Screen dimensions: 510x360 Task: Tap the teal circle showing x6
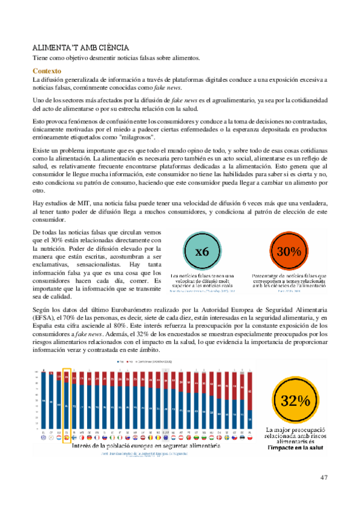click(201, 252)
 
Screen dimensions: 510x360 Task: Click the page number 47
click(324, 478)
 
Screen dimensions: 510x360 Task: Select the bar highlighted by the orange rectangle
click(67, 403)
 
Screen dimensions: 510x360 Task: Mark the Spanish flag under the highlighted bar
click(67, 438)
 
